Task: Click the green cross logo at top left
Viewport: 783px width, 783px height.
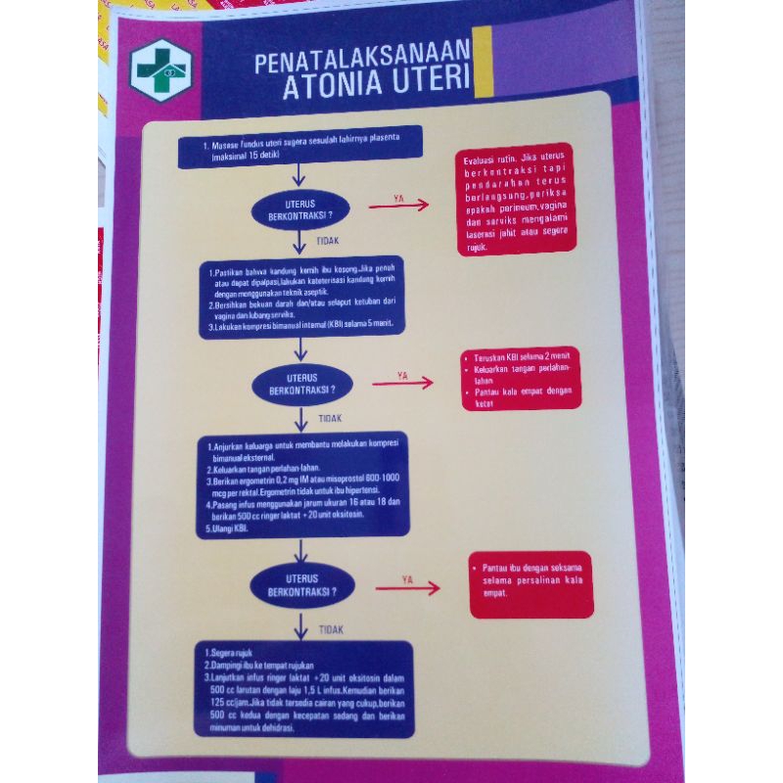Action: (x=162, y=70)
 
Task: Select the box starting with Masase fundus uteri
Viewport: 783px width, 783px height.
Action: (x=299, y=148)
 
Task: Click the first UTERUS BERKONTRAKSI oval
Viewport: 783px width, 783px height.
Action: (x=300, y=209)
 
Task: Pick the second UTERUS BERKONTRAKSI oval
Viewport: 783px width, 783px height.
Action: (x=301, y=384)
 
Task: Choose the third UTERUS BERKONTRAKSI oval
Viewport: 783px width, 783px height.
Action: (x=301, y=585)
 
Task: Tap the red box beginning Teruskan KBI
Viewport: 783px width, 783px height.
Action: (x=521, y=380)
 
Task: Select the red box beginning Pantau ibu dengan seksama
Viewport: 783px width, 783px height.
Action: (x=530, y=585)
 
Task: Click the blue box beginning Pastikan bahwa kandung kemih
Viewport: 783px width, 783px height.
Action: (x=301, y=297)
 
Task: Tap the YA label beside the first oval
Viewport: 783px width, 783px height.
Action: (x=398, y=198)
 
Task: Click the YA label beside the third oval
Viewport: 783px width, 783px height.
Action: (x=407, y=578)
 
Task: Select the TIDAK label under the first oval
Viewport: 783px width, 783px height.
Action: (x=328, y=240)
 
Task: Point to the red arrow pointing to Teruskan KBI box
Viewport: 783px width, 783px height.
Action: (x=402, y=383)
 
